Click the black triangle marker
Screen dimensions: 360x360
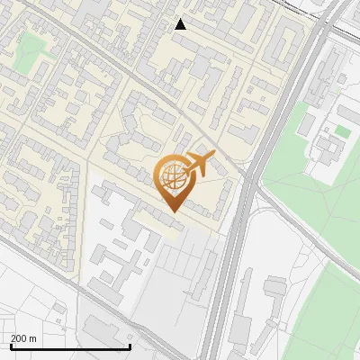pos(181,23)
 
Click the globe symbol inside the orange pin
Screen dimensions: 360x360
pos(171,178)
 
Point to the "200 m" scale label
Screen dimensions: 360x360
pos(23,338)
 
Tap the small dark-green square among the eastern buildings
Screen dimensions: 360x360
pos(342,131)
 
